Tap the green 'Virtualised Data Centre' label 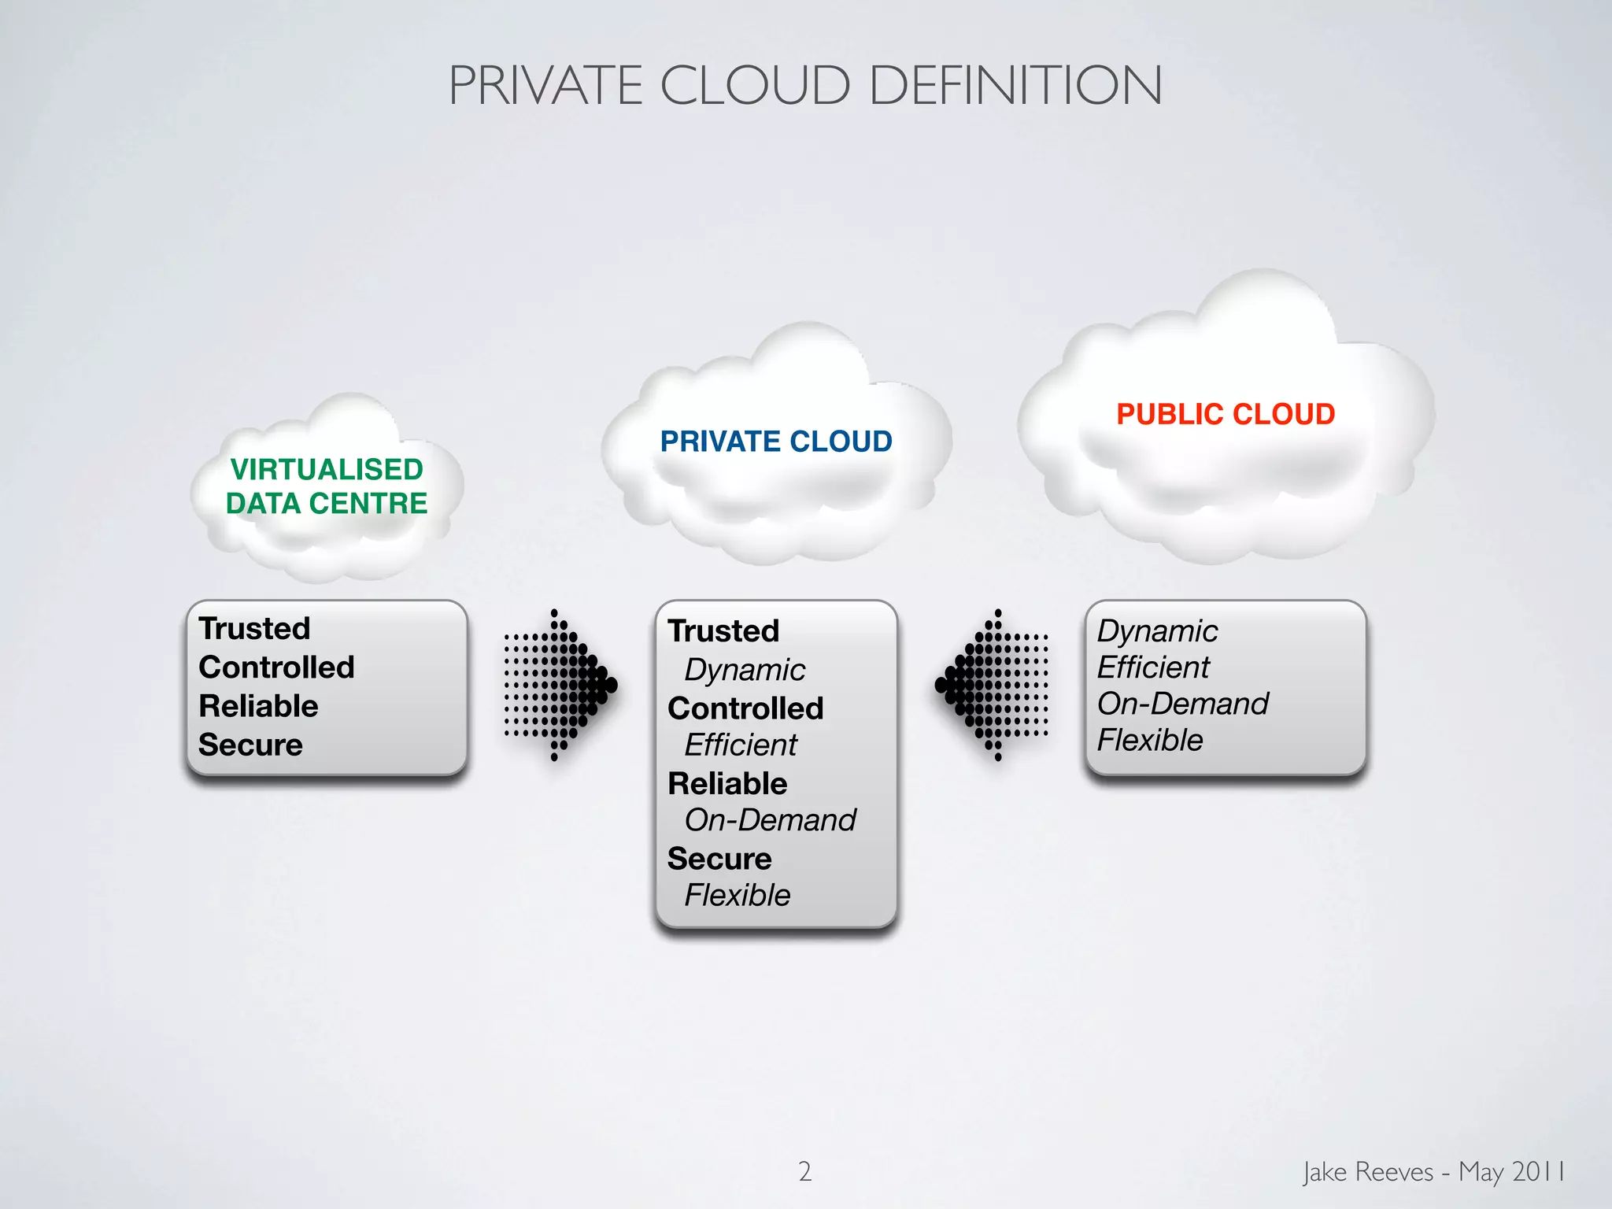(327, 486)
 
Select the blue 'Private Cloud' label (776, 442)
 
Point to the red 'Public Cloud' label (1226, 414)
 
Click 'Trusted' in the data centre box (254, 629)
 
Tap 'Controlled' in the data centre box (276, 667)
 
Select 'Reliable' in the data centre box (258, 706)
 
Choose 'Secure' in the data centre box (250, 745)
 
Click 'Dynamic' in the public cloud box (1157, 631)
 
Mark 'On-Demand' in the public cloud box (1182, 704)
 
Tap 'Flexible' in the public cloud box (1150, 740)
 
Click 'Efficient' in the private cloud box (741, 745)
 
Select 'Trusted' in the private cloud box (723, 631)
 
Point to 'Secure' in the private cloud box (719, 859)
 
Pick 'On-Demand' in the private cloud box (770, 820)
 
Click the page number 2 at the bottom (804, 1171)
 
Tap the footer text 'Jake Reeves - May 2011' (1433, 1171)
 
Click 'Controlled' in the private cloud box (745, 708)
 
